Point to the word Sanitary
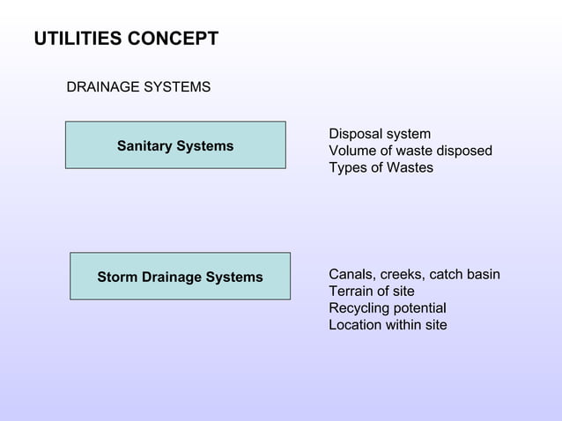click(x=145, y=146)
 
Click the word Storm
click(x=117, y=277)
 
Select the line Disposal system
click(x=380, y=134)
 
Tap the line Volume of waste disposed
click(x=410, y=151)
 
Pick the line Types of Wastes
click(x=381, y=167)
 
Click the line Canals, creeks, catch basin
click(x=414, y=275)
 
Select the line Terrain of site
click(x=371, y=292)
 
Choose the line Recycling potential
click(x=387, y=308)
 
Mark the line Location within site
click(x=388, y=325)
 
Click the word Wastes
click(x=410, y=167)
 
